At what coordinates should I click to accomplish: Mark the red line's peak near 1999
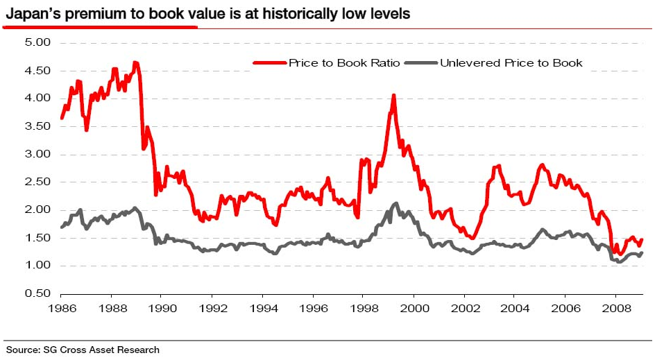click(x=393, y=96)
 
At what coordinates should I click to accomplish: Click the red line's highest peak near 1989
click(x=135, y=62)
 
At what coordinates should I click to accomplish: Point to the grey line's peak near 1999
click(x=395, y=203)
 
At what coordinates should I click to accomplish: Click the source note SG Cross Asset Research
click(x=83, y=350)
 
